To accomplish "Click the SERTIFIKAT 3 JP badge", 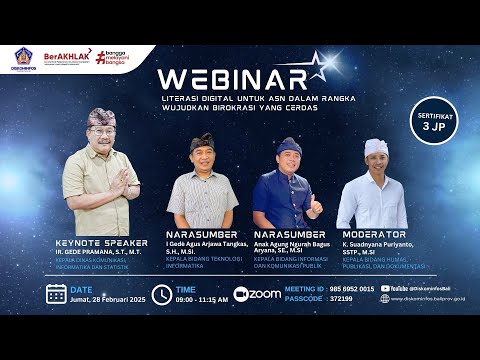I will pos(431,122).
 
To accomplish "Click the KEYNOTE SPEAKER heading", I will pos(102,242).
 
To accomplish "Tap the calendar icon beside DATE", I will pos(57,293).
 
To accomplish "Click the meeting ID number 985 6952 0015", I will pos(352,288).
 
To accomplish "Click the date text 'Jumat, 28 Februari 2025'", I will pos(109,299).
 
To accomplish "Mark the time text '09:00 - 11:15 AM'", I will pos(201,299).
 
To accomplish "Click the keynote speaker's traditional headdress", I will pos(101,118).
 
